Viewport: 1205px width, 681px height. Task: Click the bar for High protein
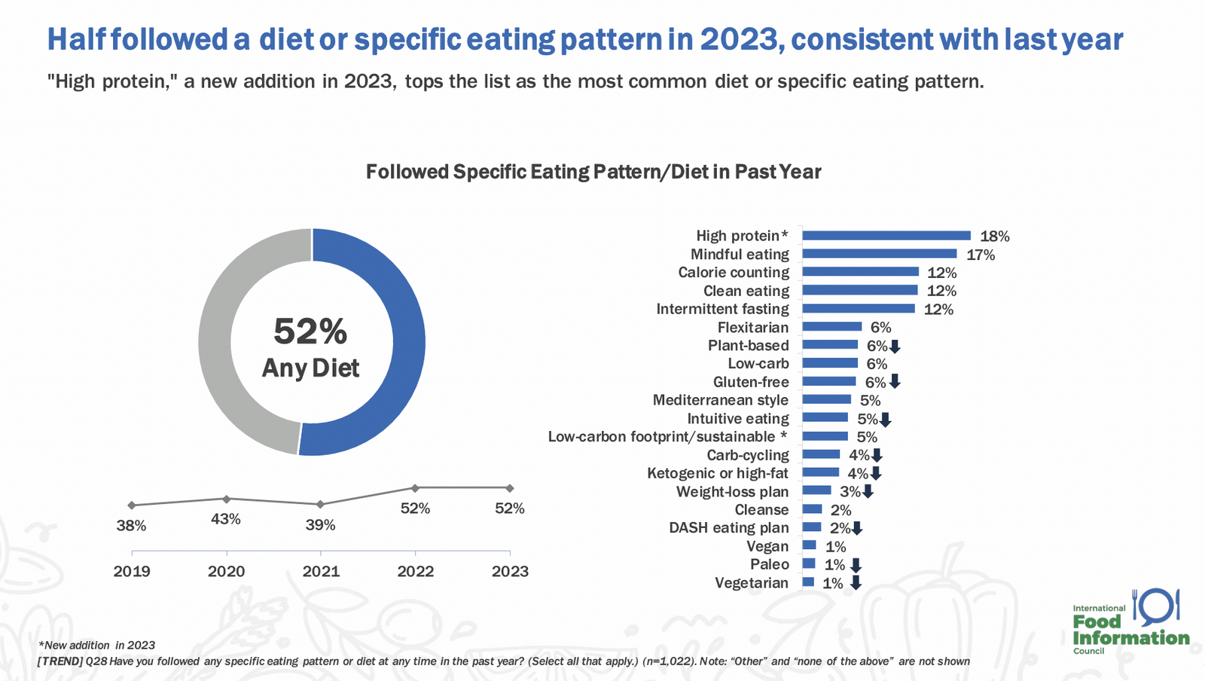coord(886,236)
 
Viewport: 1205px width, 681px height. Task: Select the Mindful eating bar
coord(880,254)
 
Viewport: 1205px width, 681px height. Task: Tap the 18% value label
coord(995,236)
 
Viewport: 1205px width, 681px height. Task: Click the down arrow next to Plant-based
coord(895,347)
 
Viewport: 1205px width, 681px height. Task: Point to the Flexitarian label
coord(753,327)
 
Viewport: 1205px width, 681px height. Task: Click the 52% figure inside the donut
coord(310,331)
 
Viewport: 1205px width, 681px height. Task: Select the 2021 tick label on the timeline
coord(321,571)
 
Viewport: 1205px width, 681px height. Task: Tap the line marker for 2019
coord(132,505)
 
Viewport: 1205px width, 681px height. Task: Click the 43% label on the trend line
coord(226,519)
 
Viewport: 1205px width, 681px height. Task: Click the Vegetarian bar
coord(808,582)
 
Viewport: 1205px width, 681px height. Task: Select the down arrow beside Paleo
coord(856,565)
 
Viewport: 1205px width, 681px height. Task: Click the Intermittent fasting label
coord(722,309)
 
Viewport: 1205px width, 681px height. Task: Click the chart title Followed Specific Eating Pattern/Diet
coord(593,172)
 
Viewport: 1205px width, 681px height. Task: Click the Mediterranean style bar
coord(827,399)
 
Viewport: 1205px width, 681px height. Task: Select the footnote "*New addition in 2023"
coord(97,645)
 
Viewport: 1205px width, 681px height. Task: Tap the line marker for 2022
coord(415,488)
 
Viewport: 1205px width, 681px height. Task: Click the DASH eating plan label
coord(729,527)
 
